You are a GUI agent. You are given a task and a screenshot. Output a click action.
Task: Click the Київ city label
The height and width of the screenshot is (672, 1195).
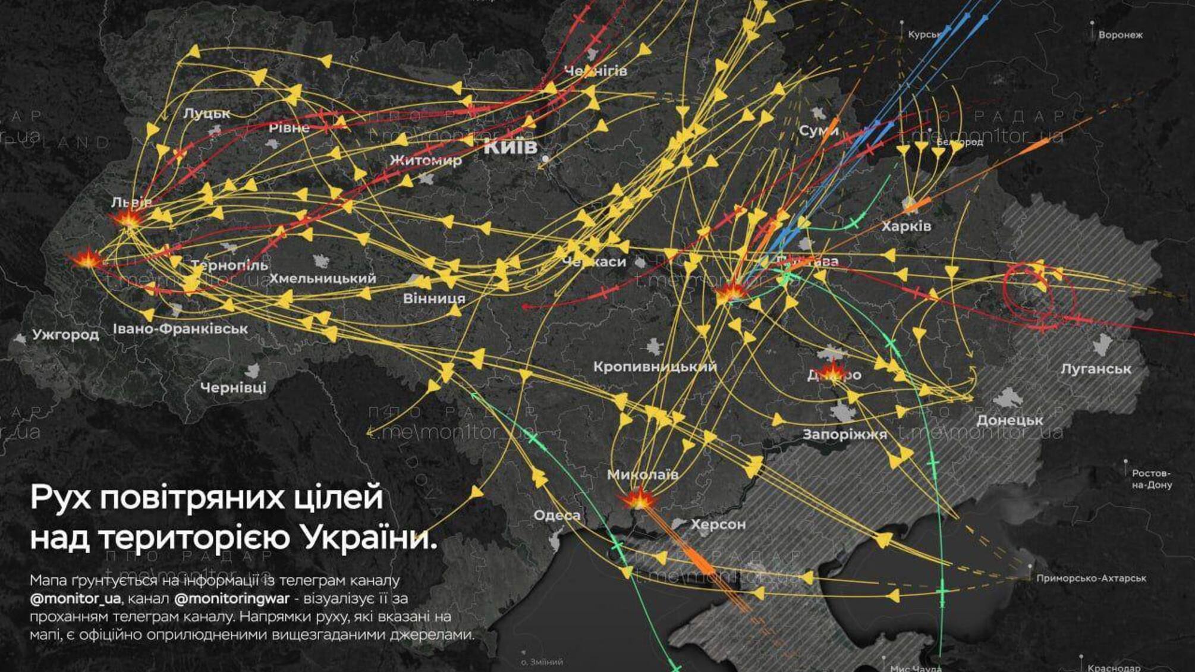pos(510,146)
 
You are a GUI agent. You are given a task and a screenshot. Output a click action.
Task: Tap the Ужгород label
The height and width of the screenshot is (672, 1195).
pos(65,335)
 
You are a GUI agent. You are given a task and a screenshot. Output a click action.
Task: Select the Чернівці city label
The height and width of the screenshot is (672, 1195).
pos(233,388)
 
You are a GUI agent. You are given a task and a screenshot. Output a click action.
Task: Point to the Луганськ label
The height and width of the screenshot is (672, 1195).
pos(1096,369)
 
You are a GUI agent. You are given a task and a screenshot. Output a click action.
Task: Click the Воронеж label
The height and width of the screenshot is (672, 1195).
pos(1120,35)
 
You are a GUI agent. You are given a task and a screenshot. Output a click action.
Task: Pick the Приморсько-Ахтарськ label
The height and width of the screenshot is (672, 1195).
pos(1091,578)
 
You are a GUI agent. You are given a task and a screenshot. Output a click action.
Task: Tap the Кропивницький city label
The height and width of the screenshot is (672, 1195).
pos(655,367)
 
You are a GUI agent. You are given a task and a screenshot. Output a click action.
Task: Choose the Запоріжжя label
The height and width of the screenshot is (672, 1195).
pos(844,435)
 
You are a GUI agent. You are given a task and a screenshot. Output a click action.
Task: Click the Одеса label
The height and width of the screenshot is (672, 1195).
pos(556,516)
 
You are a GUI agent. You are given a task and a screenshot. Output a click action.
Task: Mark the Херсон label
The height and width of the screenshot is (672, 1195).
pos(718,525)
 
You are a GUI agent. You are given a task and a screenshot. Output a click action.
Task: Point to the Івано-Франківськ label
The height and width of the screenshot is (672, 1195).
pos(180,329)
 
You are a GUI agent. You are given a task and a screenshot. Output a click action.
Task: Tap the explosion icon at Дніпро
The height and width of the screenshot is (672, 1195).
pos(833,372)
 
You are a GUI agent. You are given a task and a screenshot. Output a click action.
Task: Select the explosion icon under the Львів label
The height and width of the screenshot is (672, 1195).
pos(128,218)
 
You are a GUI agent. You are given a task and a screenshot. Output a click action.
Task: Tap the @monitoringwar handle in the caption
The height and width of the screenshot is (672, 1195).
pos(232,598)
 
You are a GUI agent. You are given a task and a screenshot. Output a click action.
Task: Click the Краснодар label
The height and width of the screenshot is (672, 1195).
pos(1114,668)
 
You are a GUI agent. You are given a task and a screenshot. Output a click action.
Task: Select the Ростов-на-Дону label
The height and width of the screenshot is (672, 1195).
pos(1151,479)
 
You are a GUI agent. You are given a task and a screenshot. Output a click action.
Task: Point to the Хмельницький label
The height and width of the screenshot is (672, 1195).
pos(322,278)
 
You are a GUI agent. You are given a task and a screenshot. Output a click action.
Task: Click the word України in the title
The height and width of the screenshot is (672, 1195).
pos(369,538)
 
